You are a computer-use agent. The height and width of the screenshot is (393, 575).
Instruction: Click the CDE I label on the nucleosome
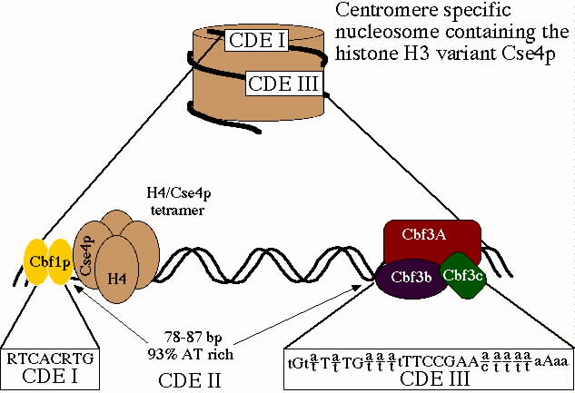pyautogui.click(x=255, y=42)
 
